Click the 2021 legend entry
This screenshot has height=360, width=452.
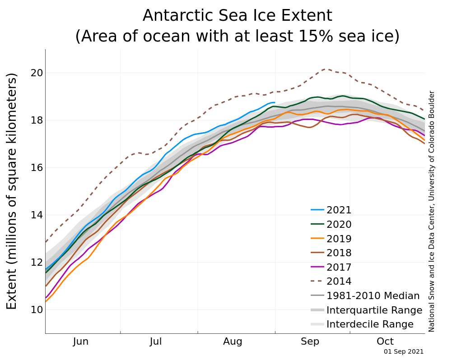(x=339, y=210)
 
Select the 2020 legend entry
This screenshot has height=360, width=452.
(x=339, y=225)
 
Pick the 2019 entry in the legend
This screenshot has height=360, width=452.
(x=339, y=239)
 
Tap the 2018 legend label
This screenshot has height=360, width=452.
(x=339, y=253)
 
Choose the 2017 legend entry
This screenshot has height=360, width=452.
(x=339, y=268)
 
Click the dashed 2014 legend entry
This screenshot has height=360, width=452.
(x=339, y=282)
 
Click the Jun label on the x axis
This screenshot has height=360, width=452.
(x=81, y=342)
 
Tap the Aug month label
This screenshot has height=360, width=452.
(x=233, y=342)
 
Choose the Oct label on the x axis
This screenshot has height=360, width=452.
(x=385, y=342)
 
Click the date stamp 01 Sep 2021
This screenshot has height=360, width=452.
(x=404, y=351)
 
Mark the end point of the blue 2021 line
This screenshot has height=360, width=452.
(x=275, y=102)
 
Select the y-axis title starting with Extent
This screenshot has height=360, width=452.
(x=12, y=191)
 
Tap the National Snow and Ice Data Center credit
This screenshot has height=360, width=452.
(x=432, y=211)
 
